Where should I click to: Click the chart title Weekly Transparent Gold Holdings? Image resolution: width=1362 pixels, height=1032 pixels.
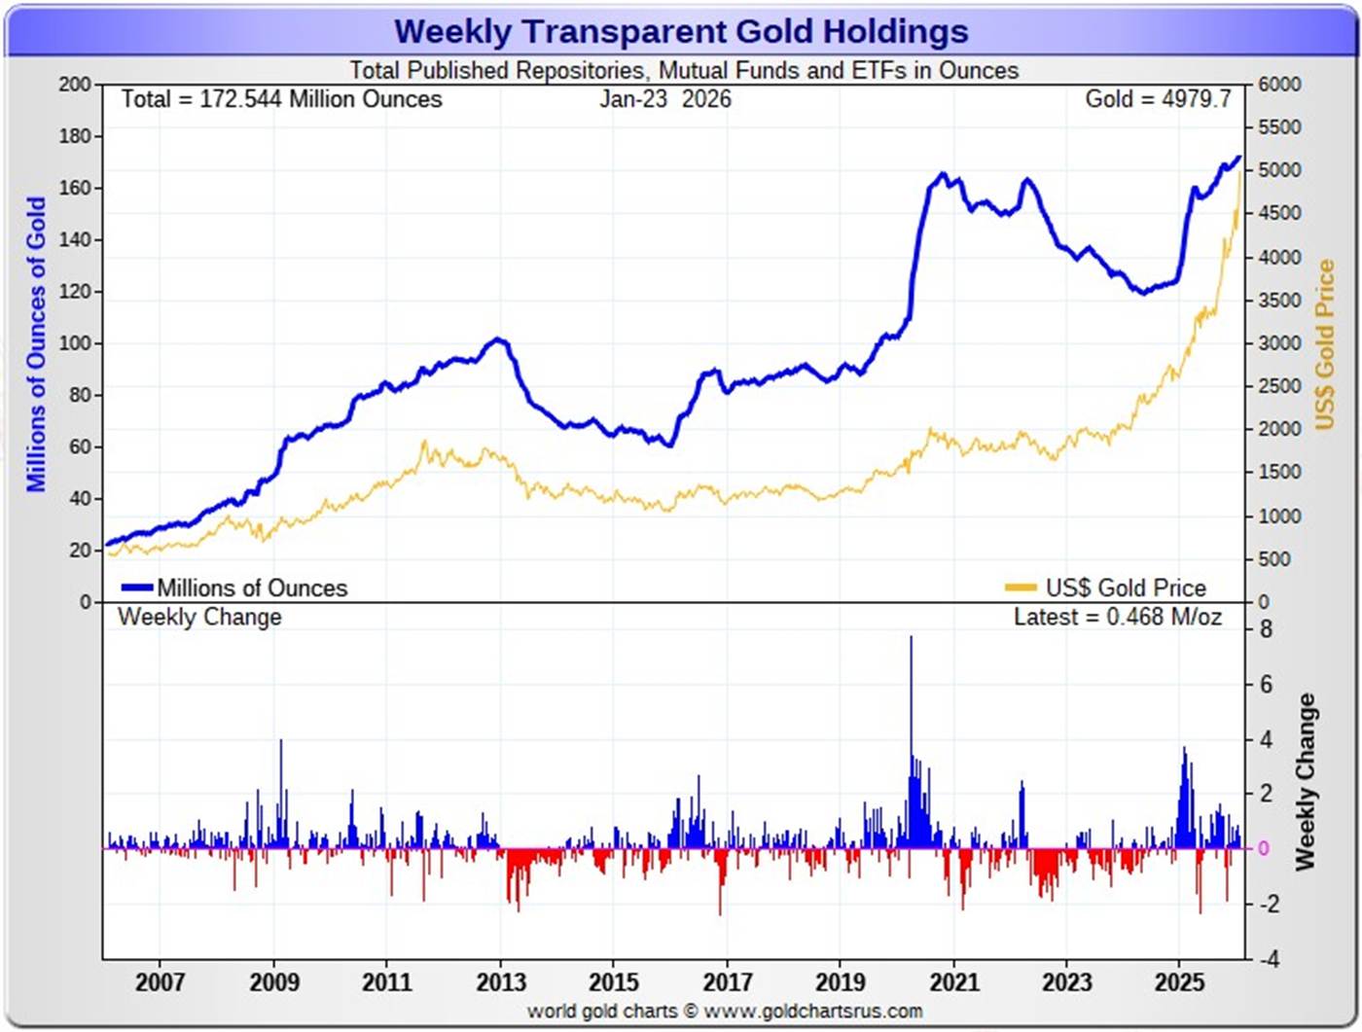pos(681,31)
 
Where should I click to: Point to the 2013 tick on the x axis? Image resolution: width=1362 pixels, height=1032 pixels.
pos(500,981)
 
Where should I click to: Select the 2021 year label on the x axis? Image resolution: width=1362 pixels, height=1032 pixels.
pos(953,981)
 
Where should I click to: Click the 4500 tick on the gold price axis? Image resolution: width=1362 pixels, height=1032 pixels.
pos(1279,213)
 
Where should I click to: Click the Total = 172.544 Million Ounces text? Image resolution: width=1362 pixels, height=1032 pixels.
pos(281,99)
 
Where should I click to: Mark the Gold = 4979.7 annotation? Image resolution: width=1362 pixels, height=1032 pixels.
pos(1158,99)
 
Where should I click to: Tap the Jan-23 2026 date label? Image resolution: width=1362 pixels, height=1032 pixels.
pos(665,99)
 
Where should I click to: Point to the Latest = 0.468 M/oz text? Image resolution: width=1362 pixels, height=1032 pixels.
pos(1118,617)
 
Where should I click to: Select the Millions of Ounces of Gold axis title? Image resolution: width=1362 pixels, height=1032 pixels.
pos(36,344)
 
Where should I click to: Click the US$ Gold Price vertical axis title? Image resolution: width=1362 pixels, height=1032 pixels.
pos(1325,344)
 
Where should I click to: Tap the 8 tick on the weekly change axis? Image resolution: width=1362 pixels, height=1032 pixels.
pos(1266,629)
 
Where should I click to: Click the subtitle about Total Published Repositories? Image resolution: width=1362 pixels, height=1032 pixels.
pos(684,71)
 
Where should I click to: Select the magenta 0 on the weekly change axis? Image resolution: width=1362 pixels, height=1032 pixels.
pos(1264,848)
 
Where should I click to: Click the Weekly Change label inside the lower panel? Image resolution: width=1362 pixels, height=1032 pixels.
pos(199,617)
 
